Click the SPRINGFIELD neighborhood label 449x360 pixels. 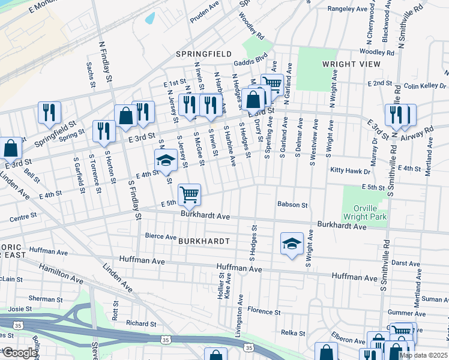click(203, 54)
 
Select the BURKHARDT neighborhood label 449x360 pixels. click(204, 241)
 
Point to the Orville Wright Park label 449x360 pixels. click(364, 212)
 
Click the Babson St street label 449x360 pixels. click(292, 205)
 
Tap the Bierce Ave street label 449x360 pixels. click(161, 236)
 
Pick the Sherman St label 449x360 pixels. click(46, 299)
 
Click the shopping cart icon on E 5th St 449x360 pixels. click(189, 194)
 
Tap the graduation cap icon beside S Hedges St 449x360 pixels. click(292, 244)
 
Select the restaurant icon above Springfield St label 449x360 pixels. click(49, 112)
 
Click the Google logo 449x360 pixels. click(19, 353)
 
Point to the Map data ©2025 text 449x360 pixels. click(423, 355)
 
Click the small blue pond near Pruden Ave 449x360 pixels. click(149, 18)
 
